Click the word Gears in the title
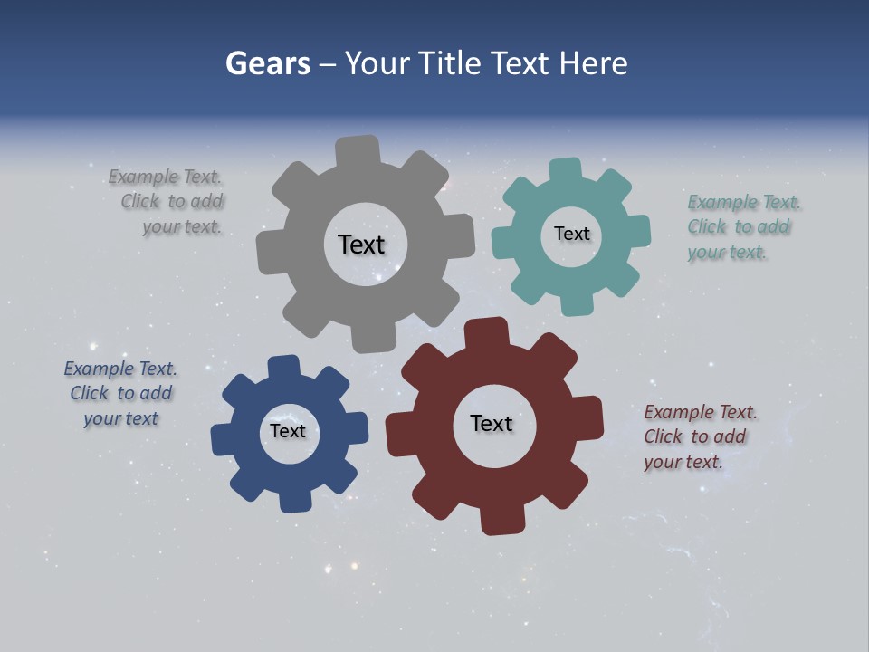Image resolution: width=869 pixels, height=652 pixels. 267,63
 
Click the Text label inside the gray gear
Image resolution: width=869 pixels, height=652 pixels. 361,244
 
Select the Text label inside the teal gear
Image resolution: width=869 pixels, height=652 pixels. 571,234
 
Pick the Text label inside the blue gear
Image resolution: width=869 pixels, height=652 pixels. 287,431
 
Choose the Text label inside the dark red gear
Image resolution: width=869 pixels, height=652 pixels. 492,423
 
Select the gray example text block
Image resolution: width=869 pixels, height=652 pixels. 167,202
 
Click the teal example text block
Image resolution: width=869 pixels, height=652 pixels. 742,227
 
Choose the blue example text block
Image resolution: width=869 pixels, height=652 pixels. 120,394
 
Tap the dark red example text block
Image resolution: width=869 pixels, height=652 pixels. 699,437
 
